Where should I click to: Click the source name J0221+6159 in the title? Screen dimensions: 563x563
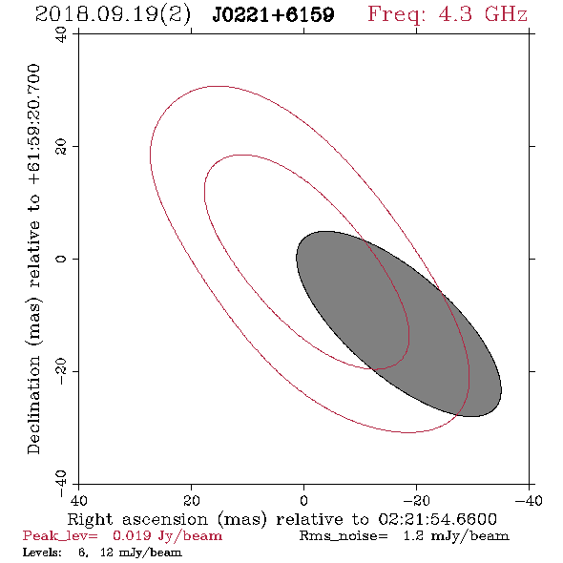coord(273,14)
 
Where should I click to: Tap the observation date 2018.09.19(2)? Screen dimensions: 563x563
coord(113,14)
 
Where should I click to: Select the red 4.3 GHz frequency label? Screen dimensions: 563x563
coord(483,14)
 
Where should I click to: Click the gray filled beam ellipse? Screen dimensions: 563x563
coord(399,323)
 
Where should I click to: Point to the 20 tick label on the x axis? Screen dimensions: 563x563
coord(191,500)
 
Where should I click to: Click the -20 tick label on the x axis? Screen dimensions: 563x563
coord(416,500)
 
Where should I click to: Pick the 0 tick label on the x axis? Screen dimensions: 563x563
coord(303,500)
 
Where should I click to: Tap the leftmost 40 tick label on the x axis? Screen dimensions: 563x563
coord(78,500)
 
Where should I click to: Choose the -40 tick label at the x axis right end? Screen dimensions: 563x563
coord(529,500)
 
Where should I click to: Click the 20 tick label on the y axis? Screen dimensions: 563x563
coord(61,147)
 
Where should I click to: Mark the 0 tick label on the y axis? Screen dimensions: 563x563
coord(61,259)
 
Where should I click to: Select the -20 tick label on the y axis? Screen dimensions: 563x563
coord(61,371)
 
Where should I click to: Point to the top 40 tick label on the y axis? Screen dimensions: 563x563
coord(61,34)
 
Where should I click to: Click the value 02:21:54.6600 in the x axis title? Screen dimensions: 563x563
coord(437,519)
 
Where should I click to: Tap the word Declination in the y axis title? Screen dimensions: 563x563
coord(33,405)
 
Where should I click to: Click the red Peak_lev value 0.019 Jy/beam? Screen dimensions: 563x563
coord(167,536)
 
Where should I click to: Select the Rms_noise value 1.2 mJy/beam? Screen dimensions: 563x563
coord(456,536)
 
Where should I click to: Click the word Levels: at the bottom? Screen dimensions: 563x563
coord(42,553)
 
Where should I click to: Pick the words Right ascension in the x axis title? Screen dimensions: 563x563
coord(137,519)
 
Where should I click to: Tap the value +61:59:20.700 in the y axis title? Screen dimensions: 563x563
coord(33,125)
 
